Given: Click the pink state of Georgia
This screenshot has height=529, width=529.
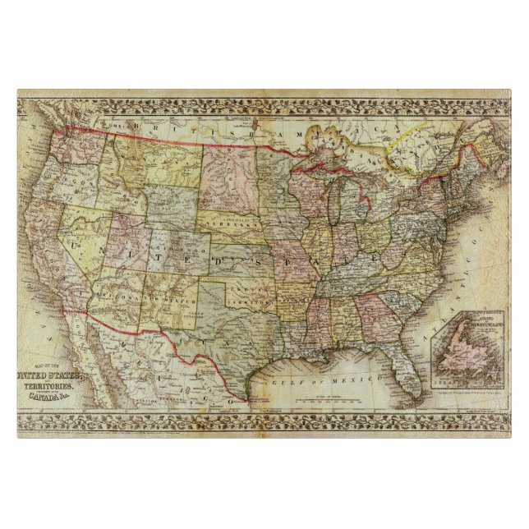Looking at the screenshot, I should click(374, 315).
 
